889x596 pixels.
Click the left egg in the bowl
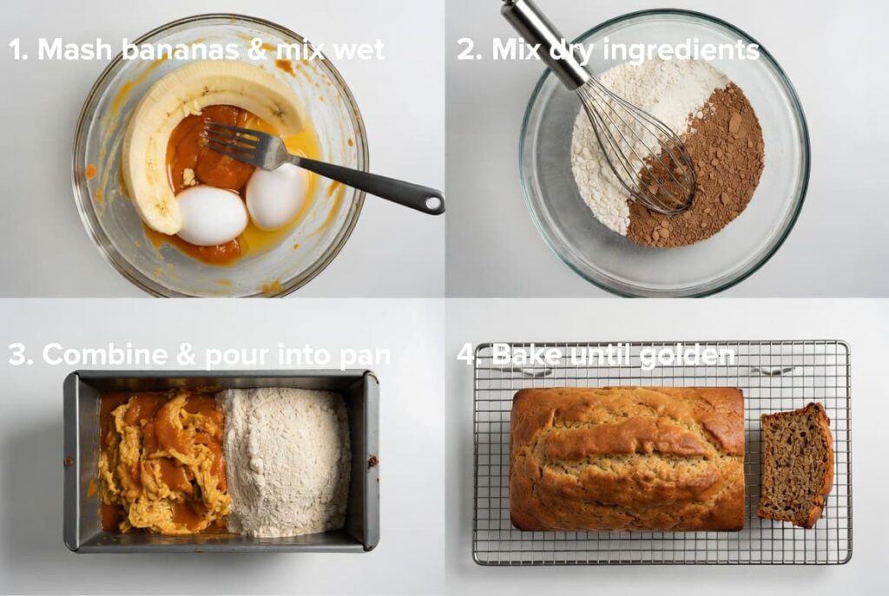[211, 215]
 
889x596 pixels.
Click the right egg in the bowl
[276, 196]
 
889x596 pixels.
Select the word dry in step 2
[573, 50]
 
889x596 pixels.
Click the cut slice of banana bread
[794, 464]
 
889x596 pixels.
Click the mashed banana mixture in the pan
[161, 460]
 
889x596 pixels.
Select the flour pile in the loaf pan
[285, 460]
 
